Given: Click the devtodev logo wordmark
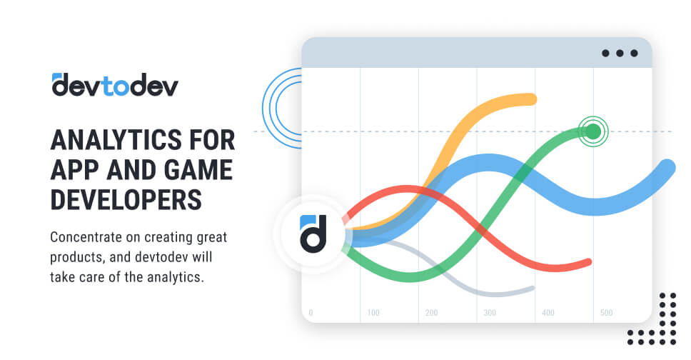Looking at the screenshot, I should coord(115,84).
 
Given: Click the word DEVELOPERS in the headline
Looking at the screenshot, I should coord(126,200).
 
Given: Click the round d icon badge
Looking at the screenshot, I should coord(312,232).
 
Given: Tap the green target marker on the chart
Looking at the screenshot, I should coord(592,131).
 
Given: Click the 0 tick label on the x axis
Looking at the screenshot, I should coord(311,313).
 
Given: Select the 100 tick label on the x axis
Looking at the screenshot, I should coord(373,313).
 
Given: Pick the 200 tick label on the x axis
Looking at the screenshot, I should coord(431,313).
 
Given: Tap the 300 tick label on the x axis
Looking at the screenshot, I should coord(490,313).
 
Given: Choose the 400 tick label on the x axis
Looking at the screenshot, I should coord(548,313).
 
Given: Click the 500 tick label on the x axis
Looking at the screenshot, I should coord(606,313).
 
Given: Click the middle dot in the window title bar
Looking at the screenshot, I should coord(619,53).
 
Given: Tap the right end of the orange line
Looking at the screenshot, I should coord(530,99).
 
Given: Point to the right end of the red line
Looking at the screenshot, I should coord(587,262).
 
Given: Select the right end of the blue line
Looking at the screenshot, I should coord(667,168).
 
